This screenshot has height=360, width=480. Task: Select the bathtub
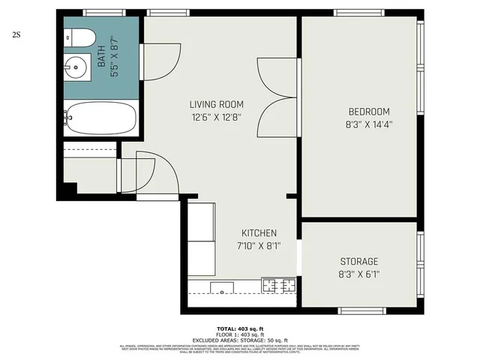(100, 118)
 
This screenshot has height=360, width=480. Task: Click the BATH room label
(103, 58)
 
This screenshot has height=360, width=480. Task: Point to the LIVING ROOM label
(216, 104)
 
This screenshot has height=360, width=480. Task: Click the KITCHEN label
(259, 233)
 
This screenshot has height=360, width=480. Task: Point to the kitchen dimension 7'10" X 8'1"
(259, 246)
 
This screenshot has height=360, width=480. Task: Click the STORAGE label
(358, 261)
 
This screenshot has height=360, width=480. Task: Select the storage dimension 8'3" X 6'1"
(358, 274)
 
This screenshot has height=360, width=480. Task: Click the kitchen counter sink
(223, 286)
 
